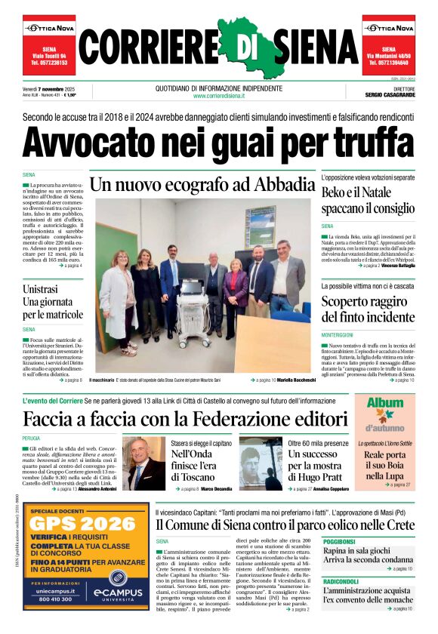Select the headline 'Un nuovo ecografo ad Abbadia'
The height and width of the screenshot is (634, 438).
click(202, 184)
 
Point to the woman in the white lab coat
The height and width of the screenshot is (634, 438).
click(119, 302)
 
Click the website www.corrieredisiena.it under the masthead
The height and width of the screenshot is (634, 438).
click(219, 96)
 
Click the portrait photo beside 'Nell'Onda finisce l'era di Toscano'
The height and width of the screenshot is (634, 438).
click(143, 463)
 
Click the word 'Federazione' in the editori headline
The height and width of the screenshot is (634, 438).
click(256, 418)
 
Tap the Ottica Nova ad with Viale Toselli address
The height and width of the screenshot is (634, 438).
click(48, 45)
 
